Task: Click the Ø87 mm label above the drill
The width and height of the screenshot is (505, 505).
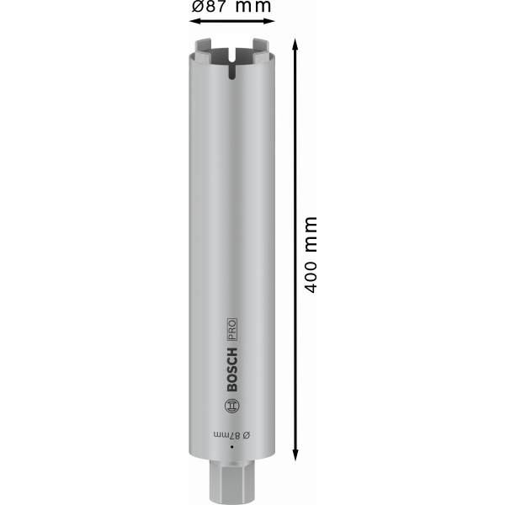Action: pos(231,6)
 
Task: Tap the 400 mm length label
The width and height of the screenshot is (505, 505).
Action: pos(311,255)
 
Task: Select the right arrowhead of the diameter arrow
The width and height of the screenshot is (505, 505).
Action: pos(269,21)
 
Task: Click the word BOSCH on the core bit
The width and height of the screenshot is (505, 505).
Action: pos(232,369)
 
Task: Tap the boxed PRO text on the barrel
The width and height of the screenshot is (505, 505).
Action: pos(232,329)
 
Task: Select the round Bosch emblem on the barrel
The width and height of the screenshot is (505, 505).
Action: pos(232,406)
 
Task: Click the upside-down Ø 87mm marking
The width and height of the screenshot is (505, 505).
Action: pos(232,435)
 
